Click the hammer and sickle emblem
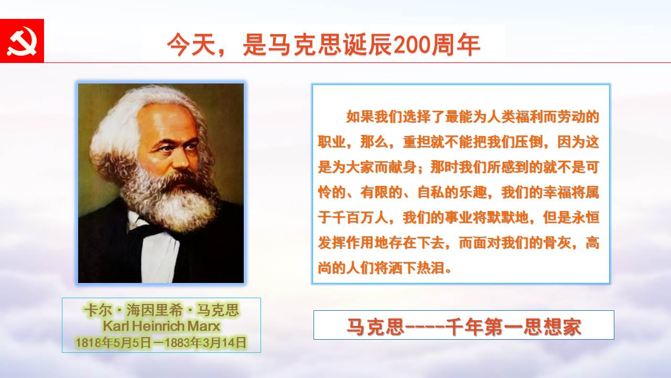tap(22, 41)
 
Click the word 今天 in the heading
tap(191, 45)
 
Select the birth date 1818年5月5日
tap(113, 343)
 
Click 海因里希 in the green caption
tap(154, 310)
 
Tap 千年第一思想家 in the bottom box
tap(513, 327)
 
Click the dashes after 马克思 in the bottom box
tap(425, 327)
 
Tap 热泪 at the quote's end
tap(430, 268)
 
